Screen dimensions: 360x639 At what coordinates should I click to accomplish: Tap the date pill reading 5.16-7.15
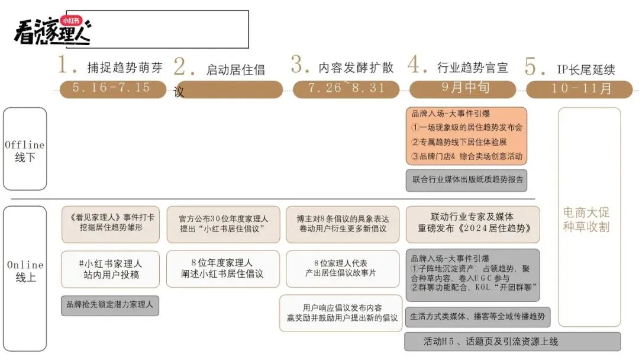click(111, 88)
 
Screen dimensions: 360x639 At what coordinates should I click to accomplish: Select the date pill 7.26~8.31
click(346, 88)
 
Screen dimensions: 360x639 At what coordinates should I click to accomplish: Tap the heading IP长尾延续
click(586, 69)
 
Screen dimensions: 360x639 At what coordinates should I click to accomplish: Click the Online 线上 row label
click(25, 271)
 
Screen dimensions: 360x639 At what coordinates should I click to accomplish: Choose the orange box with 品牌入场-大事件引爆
click(466, 136)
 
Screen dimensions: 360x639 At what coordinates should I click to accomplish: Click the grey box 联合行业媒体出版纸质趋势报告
click(466, 180)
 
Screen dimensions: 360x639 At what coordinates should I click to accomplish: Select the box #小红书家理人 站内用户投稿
click(111, 269)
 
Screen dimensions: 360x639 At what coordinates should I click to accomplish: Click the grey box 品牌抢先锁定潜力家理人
click(110, 305)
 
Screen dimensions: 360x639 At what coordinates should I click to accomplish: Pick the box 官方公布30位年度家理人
click(223, 224)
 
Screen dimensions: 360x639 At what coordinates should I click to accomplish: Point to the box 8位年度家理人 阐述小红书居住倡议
click(222, 269)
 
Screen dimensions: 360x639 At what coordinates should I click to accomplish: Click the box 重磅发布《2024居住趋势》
click(472, 224)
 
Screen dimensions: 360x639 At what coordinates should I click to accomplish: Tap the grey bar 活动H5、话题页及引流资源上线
click(512, 342)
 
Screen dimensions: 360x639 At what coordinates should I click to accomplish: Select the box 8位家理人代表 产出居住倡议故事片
click(343, 269)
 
